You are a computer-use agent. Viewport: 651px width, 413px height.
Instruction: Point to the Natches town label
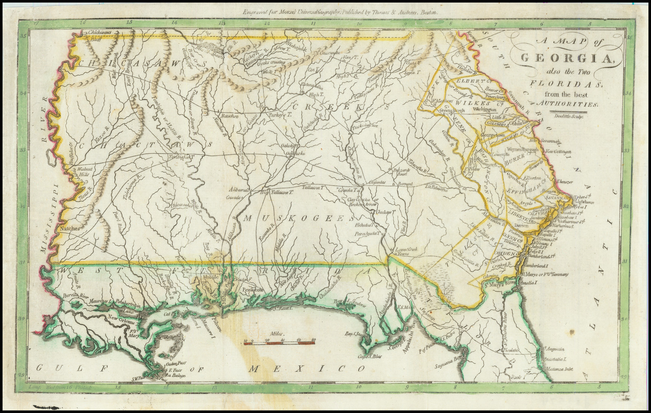pos(70,229)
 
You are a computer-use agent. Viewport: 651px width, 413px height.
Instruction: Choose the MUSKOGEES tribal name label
pos(299,219)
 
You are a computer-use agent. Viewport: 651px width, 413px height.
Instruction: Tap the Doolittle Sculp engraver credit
pos(583,116)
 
